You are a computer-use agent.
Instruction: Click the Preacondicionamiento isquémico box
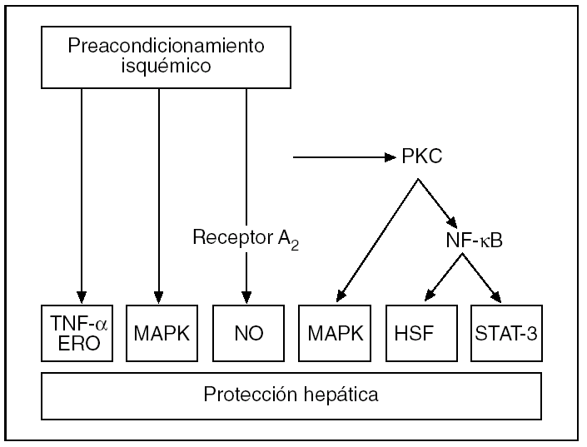coord(166,56)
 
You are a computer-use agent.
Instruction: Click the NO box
coord(247,334)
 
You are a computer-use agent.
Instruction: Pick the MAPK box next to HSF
coord(336,334)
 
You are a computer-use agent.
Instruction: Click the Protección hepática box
coord(291,394)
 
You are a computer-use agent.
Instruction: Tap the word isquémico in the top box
coord(166,67)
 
